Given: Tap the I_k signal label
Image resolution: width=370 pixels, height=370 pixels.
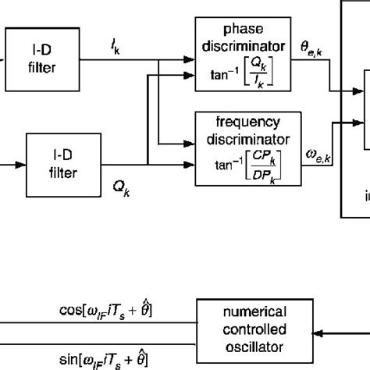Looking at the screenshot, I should (115, 49).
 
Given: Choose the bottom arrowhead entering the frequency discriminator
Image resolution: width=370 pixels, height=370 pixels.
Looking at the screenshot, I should (191, 163).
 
